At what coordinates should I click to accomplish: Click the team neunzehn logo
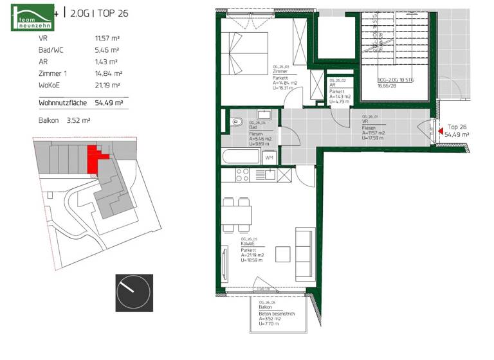point(32,17)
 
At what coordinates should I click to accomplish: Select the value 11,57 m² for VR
point(107,39)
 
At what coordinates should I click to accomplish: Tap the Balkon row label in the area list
point(49,120)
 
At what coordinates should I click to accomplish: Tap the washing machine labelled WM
point(269,157)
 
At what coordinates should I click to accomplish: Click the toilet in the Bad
point(236,120)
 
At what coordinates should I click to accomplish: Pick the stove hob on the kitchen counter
point(242,174)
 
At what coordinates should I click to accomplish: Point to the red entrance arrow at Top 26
point(441,132)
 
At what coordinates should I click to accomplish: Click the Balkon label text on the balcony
point(264,307)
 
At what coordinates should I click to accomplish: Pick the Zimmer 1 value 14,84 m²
point(107,73)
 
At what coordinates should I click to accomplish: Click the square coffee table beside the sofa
point(282,255)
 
